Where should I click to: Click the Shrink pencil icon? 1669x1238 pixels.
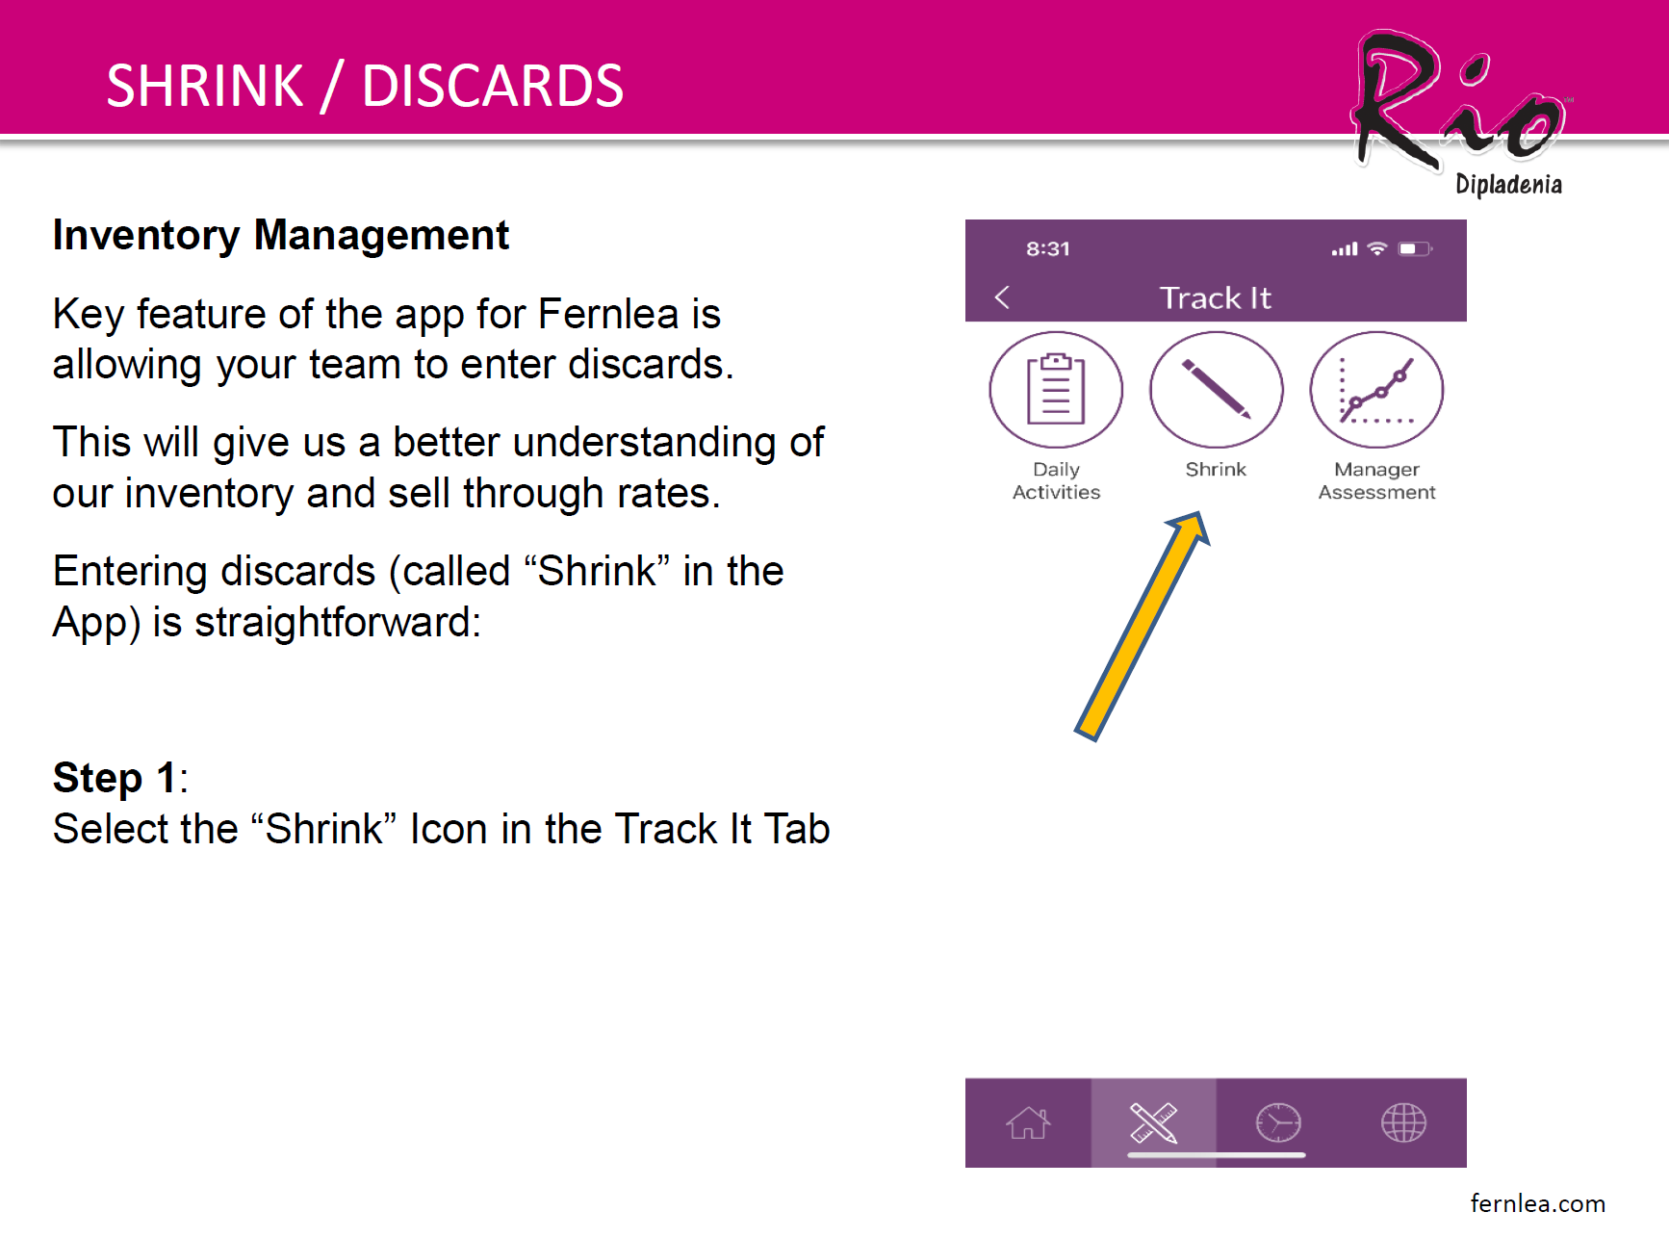1217,389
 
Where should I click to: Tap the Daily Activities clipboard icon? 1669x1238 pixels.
1056,389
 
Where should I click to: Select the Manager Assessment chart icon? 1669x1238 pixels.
1376,389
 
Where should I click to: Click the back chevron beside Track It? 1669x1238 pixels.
1002,297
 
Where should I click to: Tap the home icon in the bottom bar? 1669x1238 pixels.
1028,1122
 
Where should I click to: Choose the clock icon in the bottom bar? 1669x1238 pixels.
1278,1122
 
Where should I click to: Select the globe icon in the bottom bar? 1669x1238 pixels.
1403,1122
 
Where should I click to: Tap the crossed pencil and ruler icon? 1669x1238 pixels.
1153,1122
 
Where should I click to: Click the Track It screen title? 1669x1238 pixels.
1216,298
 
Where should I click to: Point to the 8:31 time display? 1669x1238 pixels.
1048,249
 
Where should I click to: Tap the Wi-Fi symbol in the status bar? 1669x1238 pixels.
1377,248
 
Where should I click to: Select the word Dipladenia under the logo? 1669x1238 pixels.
1508,185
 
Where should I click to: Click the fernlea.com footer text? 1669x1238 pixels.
1537,1203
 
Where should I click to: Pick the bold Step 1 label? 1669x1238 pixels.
115,778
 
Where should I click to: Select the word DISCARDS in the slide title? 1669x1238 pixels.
493,87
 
